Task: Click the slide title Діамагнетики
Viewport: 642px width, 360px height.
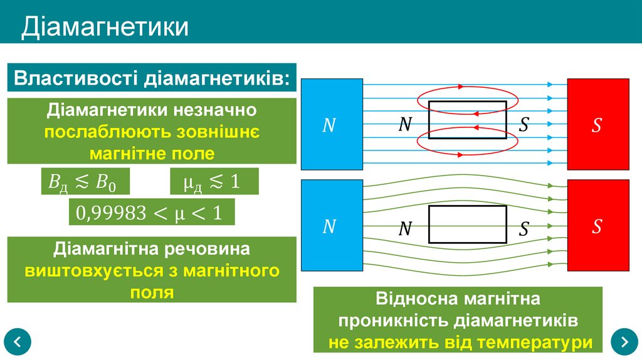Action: [x=105, y=27]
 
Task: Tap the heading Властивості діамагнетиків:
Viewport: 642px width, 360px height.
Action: [x=152, y=80]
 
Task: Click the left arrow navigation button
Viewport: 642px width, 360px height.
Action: [x=18, y=342]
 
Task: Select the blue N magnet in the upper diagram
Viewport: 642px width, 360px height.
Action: [x=332, y=124]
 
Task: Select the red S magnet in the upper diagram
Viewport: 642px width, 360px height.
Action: [x=597, y=124]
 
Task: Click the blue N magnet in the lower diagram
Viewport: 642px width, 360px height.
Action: [x=332, y=226]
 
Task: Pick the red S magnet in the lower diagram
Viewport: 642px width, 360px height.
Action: [x=597, y=226]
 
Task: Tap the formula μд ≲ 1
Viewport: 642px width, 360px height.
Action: [x=213, y=181]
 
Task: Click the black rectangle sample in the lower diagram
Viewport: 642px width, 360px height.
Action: [x=467, y=224]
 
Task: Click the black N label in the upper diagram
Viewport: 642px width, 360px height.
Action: [x=405, y=125]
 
